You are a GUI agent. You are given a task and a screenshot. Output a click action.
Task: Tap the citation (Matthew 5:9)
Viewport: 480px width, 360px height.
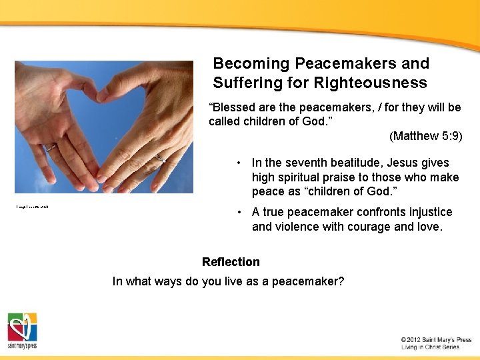click(x=425, y=136)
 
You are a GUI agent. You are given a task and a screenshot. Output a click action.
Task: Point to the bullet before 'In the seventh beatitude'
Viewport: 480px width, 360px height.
click(x=238, y=163)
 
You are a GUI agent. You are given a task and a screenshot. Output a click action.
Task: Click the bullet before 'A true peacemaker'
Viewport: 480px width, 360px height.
click(x=238, y=213)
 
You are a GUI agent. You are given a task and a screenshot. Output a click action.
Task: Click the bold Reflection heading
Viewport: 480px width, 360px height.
click(x=231, y=262)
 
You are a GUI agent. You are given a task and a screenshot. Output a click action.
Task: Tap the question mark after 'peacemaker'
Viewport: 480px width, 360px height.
click(x=341, y=281)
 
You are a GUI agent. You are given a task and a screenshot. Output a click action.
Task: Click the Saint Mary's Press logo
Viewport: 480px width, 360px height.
click(x=22, y=330)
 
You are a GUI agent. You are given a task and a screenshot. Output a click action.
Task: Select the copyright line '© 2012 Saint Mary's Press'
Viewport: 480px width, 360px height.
click(x=436, y=339)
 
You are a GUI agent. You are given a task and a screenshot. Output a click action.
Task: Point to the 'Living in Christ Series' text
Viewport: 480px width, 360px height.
click(x=430, y=347)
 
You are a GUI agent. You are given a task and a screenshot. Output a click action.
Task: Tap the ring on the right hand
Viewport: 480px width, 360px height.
click(x=161, y=159)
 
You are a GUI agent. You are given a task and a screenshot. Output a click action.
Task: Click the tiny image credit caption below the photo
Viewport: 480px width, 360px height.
click(x=33, y=207)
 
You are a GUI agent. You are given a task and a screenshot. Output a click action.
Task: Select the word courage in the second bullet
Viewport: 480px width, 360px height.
click(x=373, y=227)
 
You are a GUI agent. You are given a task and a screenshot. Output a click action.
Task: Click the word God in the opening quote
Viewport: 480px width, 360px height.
click(x=305, y=121)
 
